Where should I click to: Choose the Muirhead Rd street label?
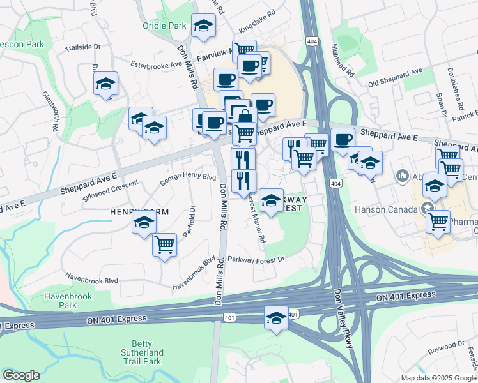(341, 61)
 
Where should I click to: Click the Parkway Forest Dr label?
(255, 260)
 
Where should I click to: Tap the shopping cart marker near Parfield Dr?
(165, 244)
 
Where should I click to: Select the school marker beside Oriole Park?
(204, 26)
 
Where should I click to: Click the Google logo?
(21, 375)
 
